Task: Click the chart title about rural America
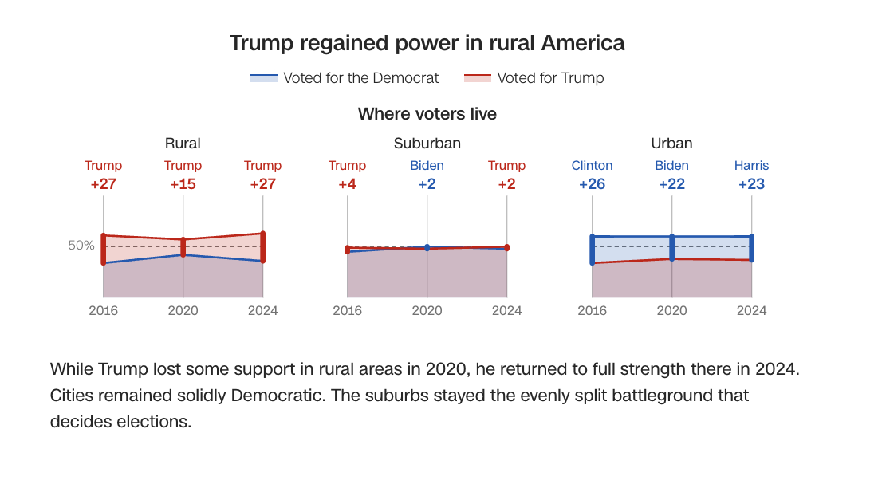coord(427,43)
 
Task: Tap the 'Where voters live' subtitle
coord(427,114)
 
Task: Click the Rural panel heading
coord(183,144)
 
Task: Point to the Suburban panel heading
coord(427,144)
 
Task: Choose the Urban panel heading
coord(671,144)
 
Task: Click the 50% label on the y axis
coord(81,246)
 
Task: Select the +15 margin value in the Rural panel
coord(183,184)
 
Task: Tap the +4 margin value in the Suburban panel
coord(347,184)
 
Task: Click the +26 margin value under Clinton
coord(592,184)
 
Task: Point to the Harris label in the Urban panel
coord(751,166)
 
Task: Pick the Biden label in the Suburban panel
coord(427,166)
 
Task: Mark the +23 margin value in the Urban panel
coord(751,184)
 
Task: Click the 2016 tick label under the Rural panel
coord(103,310)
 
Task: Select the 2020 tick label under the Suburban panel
coord(427,310)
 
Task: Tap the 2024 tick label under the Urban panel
coord(751,310)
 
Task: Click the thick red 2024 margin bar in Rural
coord(262,247)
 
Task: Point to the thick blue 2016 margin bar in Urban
coord(592,250)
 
